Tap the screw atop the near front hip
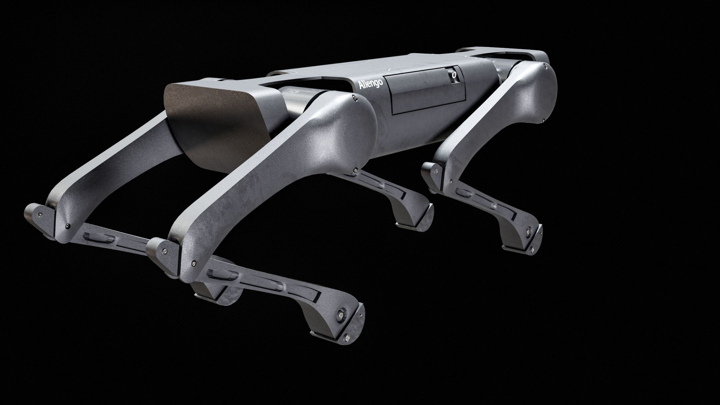pyautogui.click(x=354, y=98)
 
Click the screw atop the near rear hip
pyautogui.click(x=545, y=65)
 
